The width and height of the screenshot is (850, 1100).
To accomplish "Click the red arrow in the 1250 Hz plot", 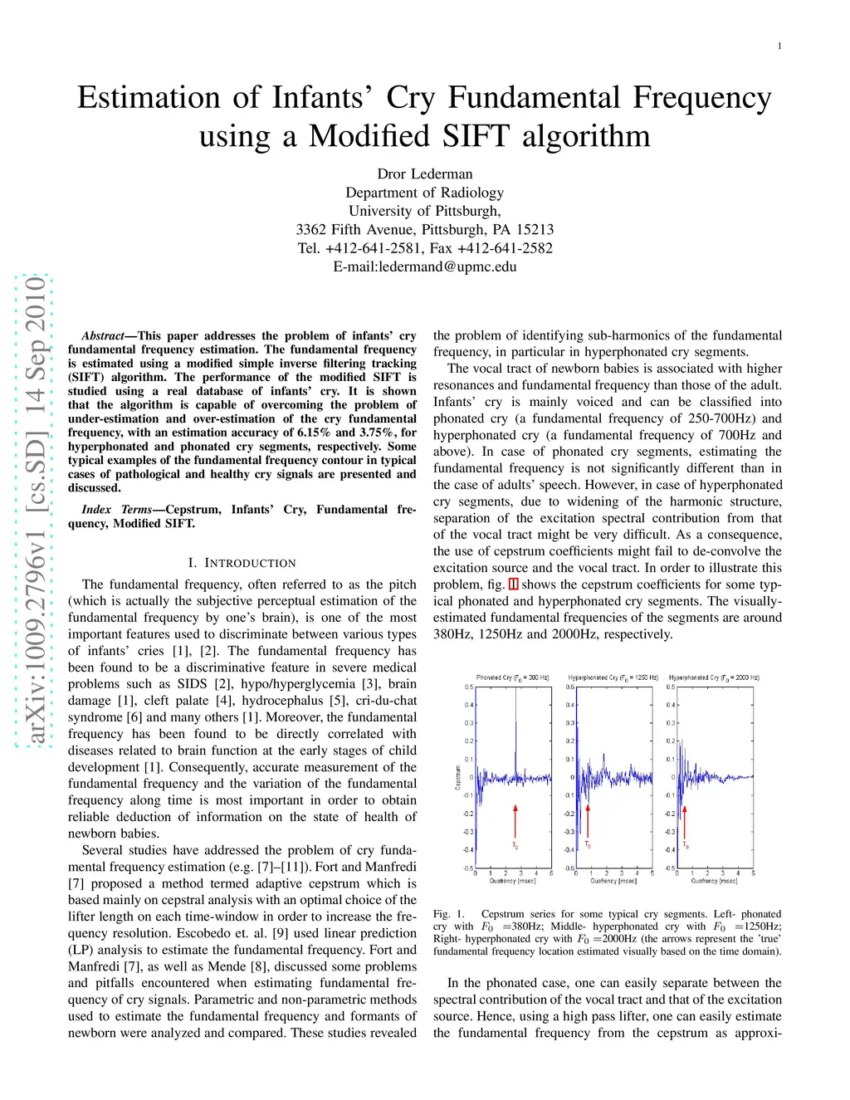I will (588, 820).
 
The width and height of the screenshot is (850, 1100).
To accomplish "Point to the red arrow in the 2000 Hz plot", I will (684, 821).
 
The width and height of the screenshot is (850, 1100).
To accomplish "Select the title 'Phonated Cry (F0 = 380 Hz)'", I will (513, 677).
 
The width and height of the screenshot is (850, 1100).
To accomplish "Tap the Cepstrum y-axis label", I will (457, 778).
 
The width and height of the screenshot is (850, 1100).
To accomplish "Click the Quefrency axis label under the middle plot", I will (613, 881).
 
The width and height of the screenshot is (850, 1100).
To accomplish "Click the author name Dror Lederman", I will (425, 174).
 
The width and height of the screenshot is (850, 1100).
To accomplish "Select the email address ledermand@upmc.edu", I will (447, 266).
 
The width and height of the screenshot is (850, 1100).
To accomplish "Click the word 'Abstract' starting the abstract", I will (103, 336).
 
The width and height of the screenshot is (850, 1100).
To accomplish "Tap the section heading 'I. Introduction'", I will (242, 563).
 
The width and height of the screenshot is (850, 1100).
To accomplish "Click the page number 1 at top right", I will (779, 46).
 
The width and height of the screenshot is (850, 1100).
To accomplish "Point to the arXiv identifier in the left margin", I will (36, 511).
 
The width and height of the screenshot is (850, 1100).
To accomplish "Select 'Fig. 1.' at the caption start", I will (449, 914).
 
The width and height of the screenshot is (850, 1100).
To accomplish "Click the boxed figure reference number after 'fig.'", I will (514, 584).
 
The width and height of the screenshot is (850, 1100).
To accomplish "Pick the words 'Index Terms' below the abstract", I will (116, 510).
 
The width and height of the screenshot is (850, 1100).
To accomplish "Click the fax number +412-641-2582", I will (505, 248).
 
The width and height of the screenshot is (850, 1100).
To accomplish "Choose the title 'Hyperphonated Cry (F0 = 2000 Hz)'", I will (714, 677).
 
